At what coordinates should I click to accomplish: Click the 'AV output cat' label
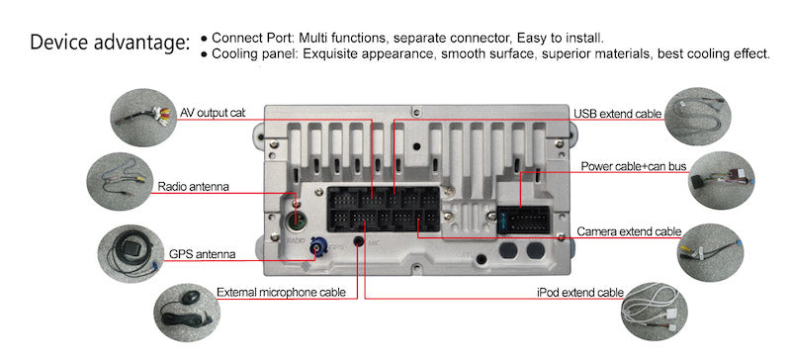pyautogui.click(x=213, y=113)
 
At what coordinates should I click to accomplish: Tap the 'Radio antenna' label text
pyautogui.click(x=193, y=187)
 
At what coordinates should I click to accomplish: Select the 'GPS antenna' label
pyautogui.click(x=202, y=254)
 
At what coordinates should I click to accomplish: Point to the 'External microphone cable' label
pyautogui.click(x=281, y=293)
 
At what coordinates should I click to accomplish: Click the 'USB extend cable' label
pyautogui.click(x=617, y=114)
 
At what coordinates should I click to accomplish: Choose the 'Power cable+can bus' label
pyautogui.click(x=634, y=166)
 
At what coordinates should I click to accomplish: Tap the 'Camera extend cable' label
pyautogui.click(x=629, y=231)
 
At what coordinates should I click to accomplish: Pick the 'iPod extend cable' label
pyautogui.click(x=579, y=293)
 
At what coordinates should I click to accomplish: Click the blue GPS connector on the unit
pyautogui.click(x=318, y=247)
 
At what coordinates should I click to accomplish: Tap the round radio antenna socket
pyautogui.click(x=298, y=221)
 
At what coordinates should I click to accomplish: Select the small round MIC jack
pyautogui.click(x=359, y=241)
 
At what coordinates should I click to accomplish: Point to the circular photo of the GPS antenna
pyautogui.click(x=131, y=254)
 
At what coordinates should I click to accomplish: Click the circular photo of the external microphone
pyautogui.click(x=187, y=308)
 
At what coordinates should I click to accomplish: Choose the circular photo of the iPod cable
pyautogui.click(x=654, y=312)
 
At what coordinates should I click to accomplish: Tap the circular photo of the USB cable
pyautogui.click(x=697, y=117)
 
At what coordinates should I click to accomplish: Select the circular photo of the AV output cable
pyautogui.click(x=143, y=118)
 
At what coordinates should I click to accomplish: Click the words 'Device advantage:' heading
pyautogui.click(x=110, y=43)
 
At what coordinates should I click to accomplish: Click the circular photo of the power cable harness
pyautogui.click(x=722, y=180)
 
